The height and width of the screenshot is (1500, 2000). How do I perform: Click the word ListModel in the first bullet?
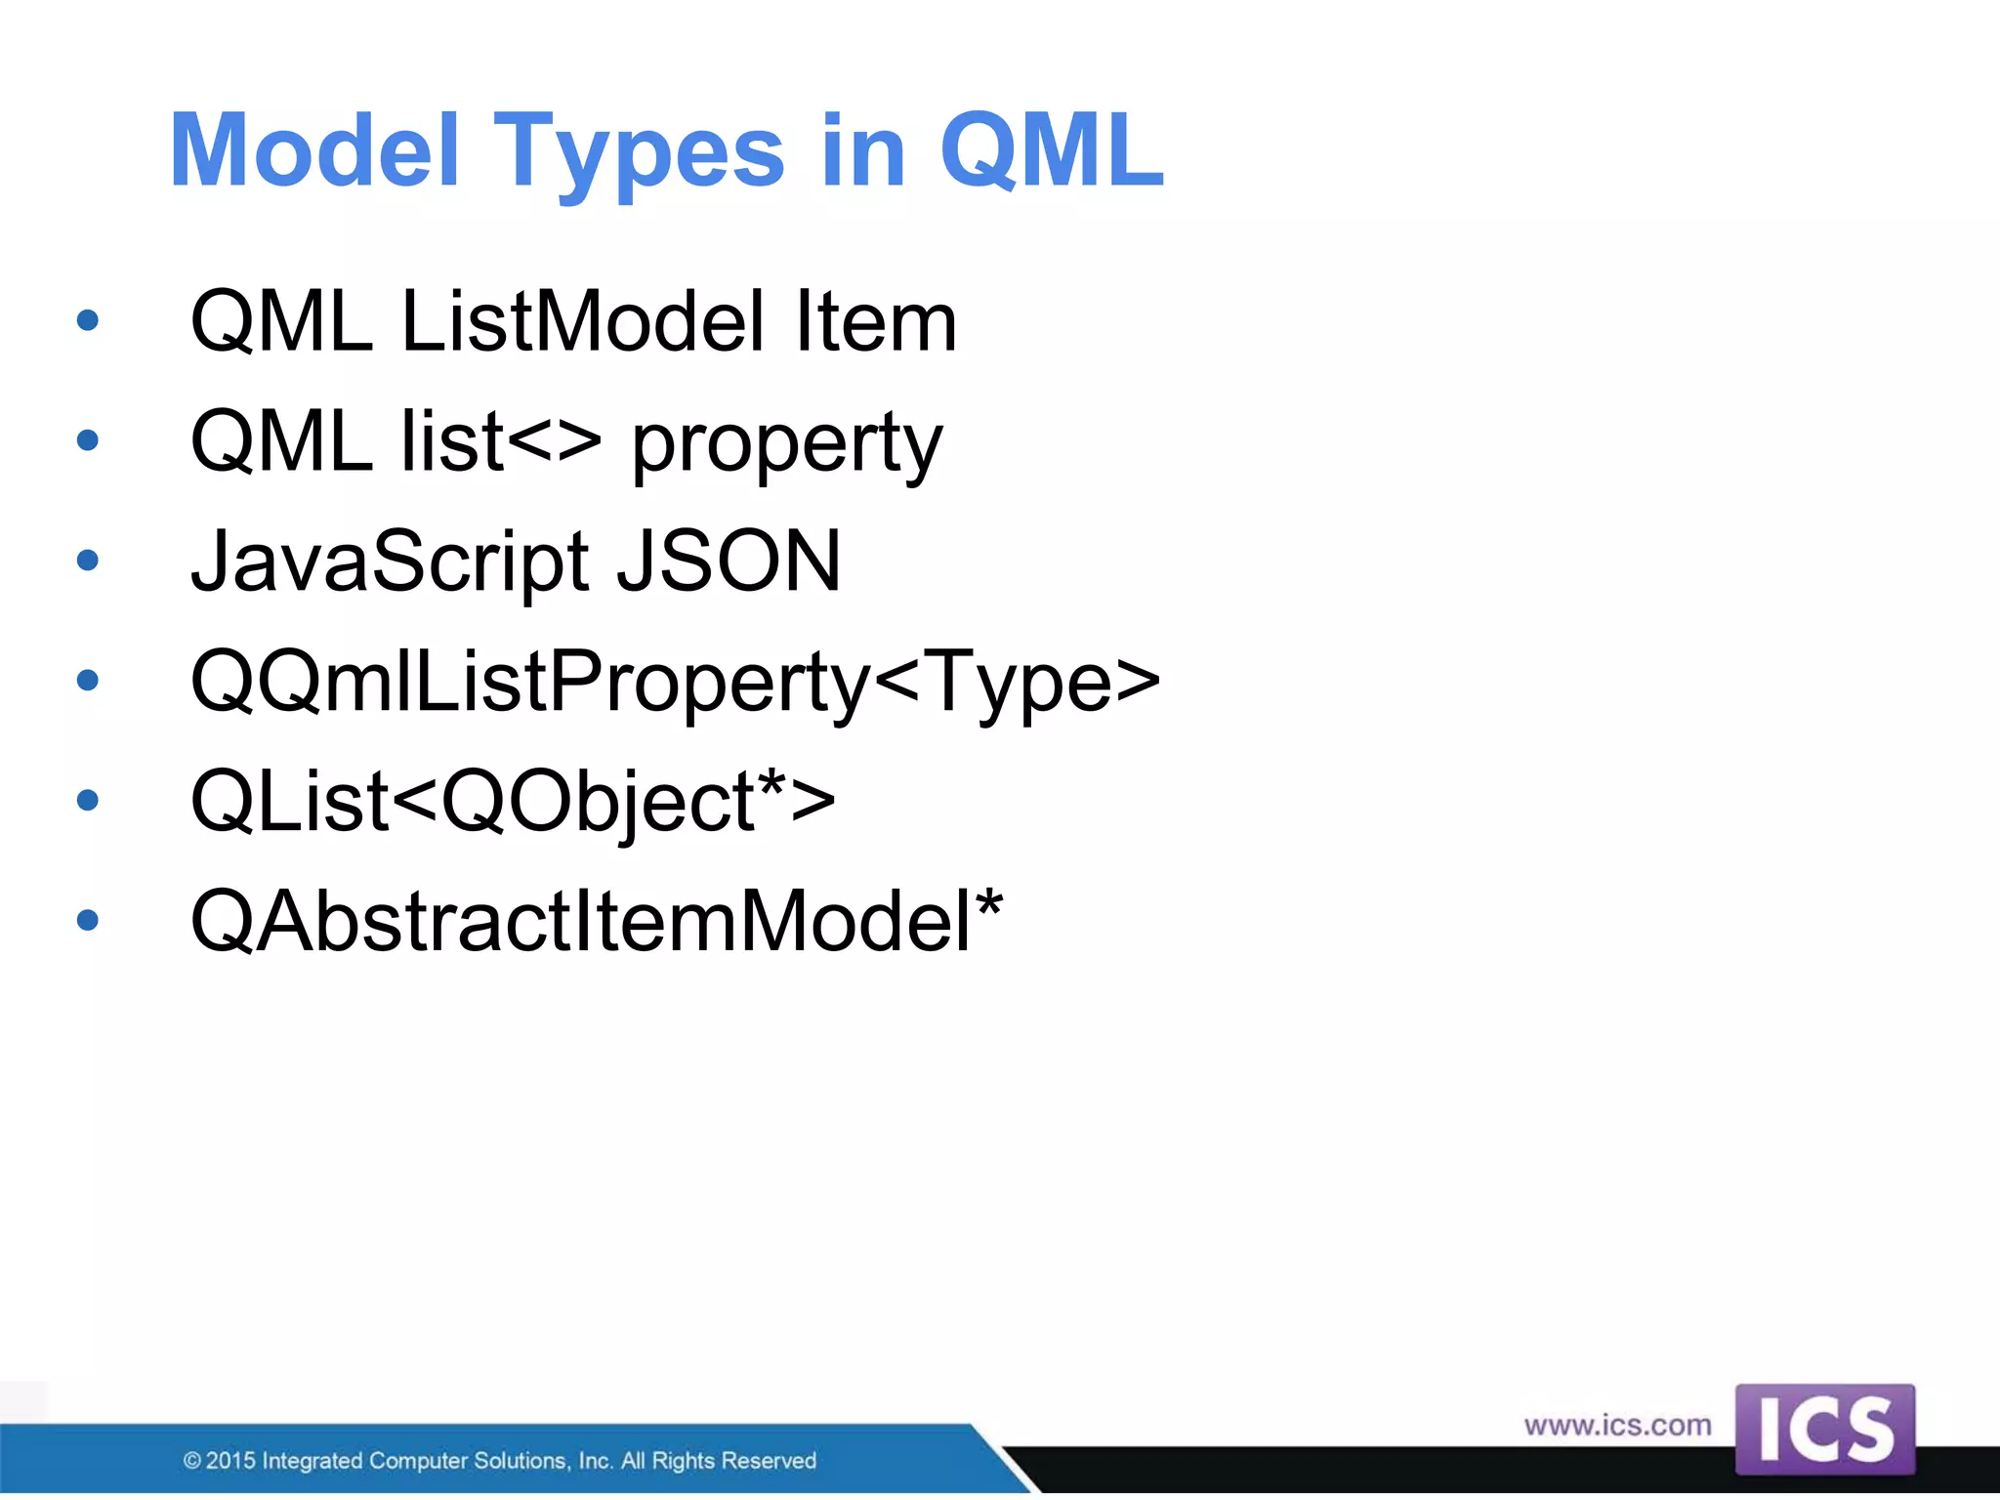pos(582,322)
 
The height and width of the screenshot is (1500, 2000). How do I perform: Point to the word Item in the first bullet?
pos(875,322)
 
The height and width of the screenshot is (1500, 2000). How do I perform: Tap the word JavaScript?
pos(390,562)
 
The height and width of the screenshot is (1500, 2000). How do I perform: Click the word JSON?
pos(729,562)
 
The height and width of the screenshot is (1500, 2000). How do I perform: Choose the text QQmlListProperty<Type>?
pos(675,682)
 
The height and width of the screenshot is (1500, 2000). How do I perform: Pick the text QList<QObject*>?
pos(513,802)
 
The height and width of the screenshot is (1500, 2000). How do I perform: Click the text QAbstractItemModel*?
pos(597,921)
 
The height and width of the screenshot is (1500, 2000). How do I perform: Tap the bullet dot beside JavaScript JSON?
pos(88,561)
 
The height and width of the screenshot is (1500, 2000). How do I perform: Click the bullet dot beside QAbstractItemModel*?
pos(88,920)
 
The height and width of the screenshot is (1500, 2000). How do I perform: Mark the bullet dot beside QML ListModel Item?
pos(88,320)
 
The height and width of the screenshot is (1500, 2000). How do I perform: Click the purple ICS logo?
pos(1824,1429)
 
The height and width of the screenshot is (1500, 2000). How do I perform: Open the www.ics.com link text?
pos(1617,1426)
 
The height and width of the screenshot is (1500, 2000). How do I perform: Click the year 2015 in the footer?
pos(230,1461)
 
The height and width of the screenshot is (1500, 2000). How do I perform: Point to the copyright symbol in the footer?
pos(192,1461)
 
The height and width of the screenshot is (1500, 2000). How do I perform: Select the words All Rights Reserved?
pos(719,1461)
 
